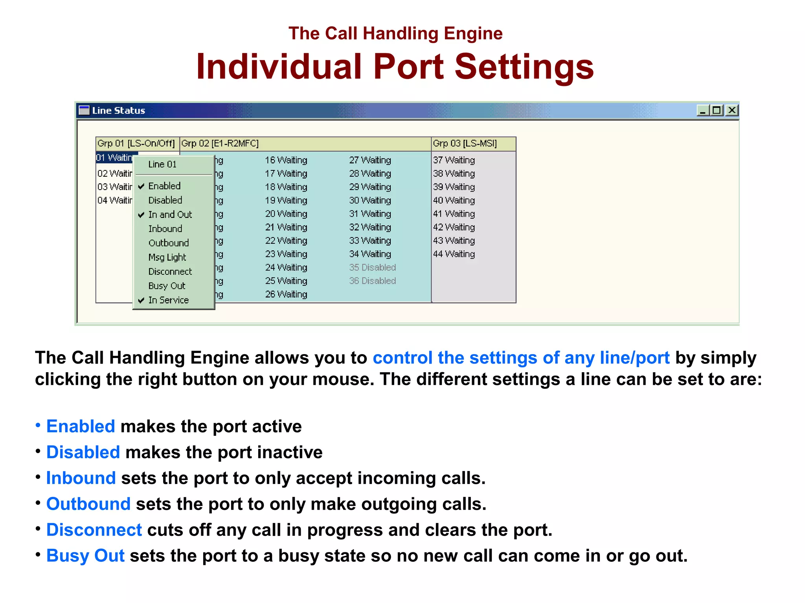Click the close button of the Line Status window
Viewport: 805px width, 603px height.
coord(732,110)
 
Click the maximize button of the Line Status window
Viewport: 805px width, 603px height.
coord(717,110)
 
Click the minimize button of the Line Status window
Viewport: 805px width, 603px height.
coord(703,111)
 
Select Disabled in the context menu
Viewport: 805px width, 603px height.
coord(165,200)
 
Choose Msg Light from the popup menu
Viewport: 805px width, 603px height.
coord(167,257)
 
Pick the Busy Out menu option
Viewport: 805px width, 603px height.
coord(167,286)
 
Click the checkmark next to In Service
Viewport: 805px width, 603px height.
coord(141,300)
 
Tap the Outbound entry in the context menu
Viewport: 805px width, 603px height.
coord(169,243)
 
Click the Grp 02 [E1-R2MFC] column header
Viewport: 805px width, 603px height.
coord(220,144)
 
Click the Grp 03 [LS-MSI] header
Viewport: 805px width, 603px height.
coord(465,144)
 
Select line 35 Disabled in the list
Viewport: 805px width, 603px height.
coord(372,267)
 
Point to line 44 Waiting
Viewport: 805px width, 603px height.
coord(454,254)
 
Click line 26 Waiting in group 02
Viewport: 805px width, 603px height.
coord(286,294)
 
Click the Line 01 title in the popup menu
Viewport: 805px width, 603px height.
coord(162,164)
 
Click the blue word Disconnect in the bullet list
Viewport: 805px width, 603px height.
coord(94,530)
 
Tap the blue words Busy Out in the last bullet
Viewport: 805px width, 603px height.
coord(85,555)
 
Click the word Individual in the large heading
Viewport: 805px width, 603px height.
coord(279,67)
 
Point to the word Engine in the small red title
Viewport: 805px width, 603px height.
coord(473,34)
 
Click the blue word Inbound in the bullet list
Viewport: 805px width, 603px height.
coord(81,478)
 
